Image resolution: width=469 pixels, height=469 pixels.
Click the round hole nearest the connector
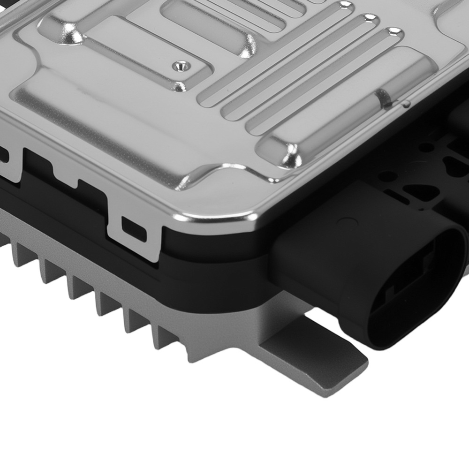click(x=386, y=177)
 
